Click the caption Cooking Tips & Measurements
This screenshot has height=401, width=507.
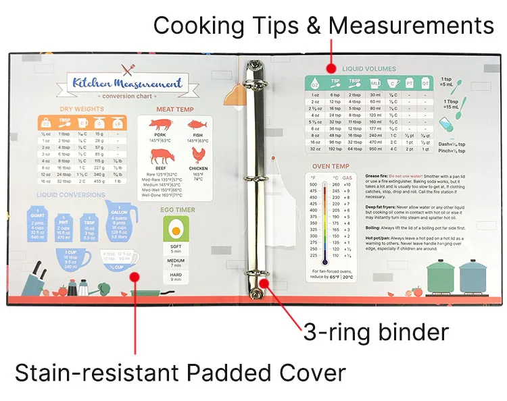[323, 26]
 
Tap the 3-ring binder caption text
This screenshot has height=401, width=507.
[375, 332]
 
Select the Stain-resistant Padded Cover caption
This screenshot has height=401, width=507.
[180, 373]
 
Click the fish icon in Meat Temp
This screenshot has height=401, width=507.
[197, 125]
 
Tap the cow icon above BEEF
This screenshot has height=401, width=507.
[162, 157]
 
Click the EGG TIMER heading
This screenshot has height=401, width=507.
[176, 210]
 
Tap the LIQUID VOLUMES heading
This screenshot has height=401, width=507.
[368, 69]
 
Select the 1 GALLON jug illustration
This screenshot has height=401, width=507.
[121, 222]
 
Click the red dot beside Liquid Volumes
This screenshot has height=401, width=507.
[331, 68]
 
